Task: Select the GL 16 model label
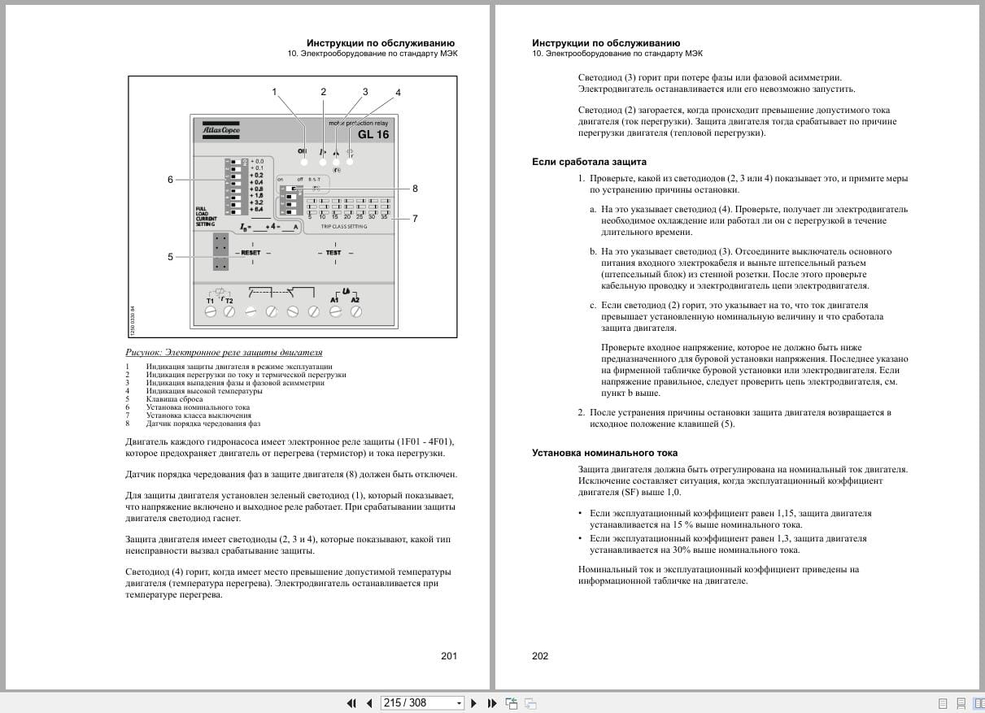[x=373, y=135]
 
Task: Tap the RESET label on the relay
[x=251, y=253]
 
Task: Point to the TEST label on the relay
[x=333, y=253]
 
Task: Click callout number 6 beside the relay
[x=171, y=180]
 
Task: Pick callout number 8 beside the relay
[x=415, y=189]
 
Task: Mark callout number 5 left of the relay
[x=171, y=257]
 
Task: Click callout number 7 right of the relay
[x=415, y=218]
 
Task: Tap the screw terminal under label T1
[x=211, y=311]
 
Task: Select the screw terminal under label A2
[x=355, y=311]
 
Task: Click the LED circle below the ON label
[x=303, y=163]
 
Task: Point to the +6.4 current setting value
[x=257, y=210]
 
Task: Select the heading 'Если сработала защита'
[x=589, y=162]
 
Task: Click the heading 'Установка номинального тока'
[x=604, y=453]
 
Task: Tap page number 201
[x=449, y=656]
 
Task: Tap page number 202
[x=540, y=656]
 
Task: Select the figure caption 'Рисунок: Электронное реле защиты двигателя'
[x=224, y=353]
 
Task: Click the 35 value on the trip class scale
[x=384, y=217]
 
